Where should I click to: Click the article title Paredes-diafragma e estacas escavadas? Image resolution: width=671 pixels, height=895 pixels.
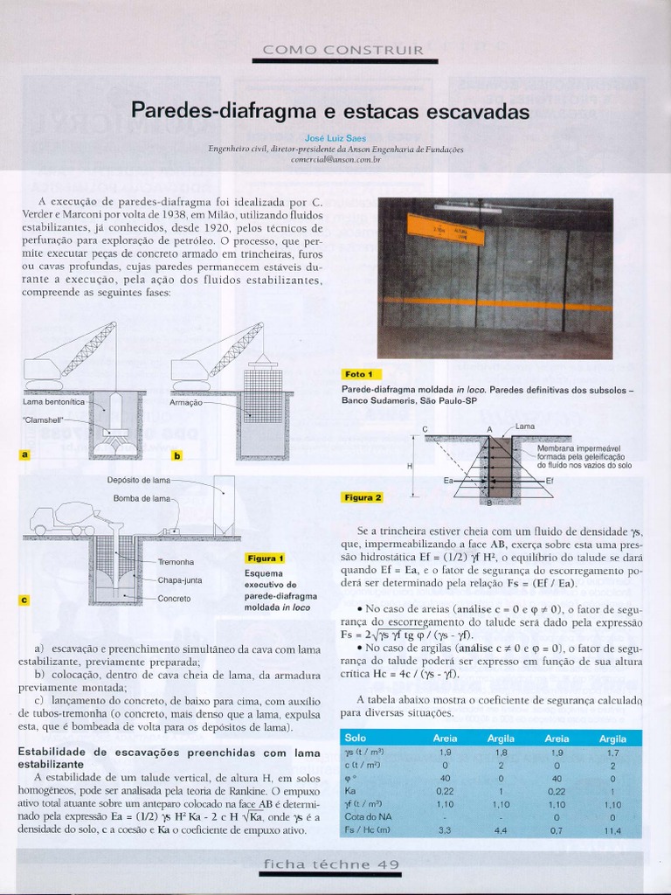coord(330,112)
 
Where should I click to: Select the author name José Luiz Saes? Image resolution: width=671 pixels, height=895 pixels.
coord(335,137)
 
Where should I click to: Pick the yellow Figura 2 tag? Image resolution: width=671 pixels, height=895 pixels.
coord(363,497)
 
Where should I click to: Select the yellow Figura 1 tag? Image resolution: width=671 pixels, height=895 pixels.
coord(266,558)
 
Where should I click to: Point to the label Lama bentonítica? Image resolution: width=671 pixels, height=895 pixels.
coord(53,402)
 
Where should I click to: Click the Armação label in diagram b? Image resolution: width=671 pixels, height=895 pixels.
coord(186,403)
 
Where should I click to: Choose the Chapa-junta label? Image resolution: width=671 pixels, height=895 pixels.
coord(180,580)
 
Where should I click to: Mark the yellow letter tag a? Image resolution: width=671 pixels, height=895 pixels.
coord(24,454)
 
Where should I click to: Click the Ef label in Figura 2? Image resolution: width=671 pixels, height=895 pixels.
coord(550,481)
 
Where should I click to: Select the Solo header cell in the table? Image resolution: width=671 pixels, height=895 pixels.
coord(356,739)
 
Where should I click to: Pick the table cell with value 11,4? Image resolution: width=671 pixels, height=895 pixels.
coord(612,830)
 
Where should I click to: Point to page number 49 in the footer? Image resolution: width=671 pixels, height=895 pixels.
coord(389,864)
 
